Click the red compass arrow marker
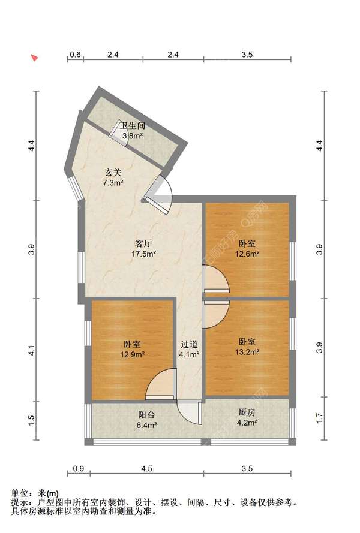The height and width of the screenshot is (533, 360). pos(35,58)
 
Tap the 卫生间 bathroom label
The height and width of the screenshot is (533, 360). pos(133,126)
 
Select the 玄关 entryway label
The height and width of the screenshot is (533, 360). pos(113,173)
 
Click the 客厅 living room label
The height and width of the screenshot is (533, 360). pos(143,243)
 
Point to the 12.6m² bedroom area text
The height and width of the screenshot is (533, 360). pos(247,254)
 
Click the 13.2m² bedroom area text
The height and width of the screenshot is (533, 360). pos(247,352)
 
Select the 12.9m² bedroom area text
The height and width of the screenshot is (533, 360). pos(133,354)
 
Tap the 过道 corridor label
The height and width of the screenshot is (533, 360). pos(189,344)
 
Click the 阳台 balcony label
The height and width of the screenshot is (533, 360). pos(146,415)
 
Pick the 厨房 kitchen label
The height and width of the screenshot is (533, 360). pos(247,412)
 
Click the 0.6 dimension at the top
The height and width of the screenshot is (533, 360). pos(75,55)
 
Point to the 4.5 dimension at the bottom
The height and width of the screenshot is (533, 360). pos(146,469)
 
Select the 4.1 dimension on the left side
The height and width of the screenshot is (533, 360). pos(31,351)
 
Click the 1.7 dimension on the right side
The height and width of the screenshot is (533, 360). pos(319,418)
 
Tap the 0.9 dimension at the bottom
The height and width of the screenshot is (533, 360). pos(78,469)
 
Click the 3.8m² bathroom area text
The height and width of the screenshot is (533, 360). pos(133,136)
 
